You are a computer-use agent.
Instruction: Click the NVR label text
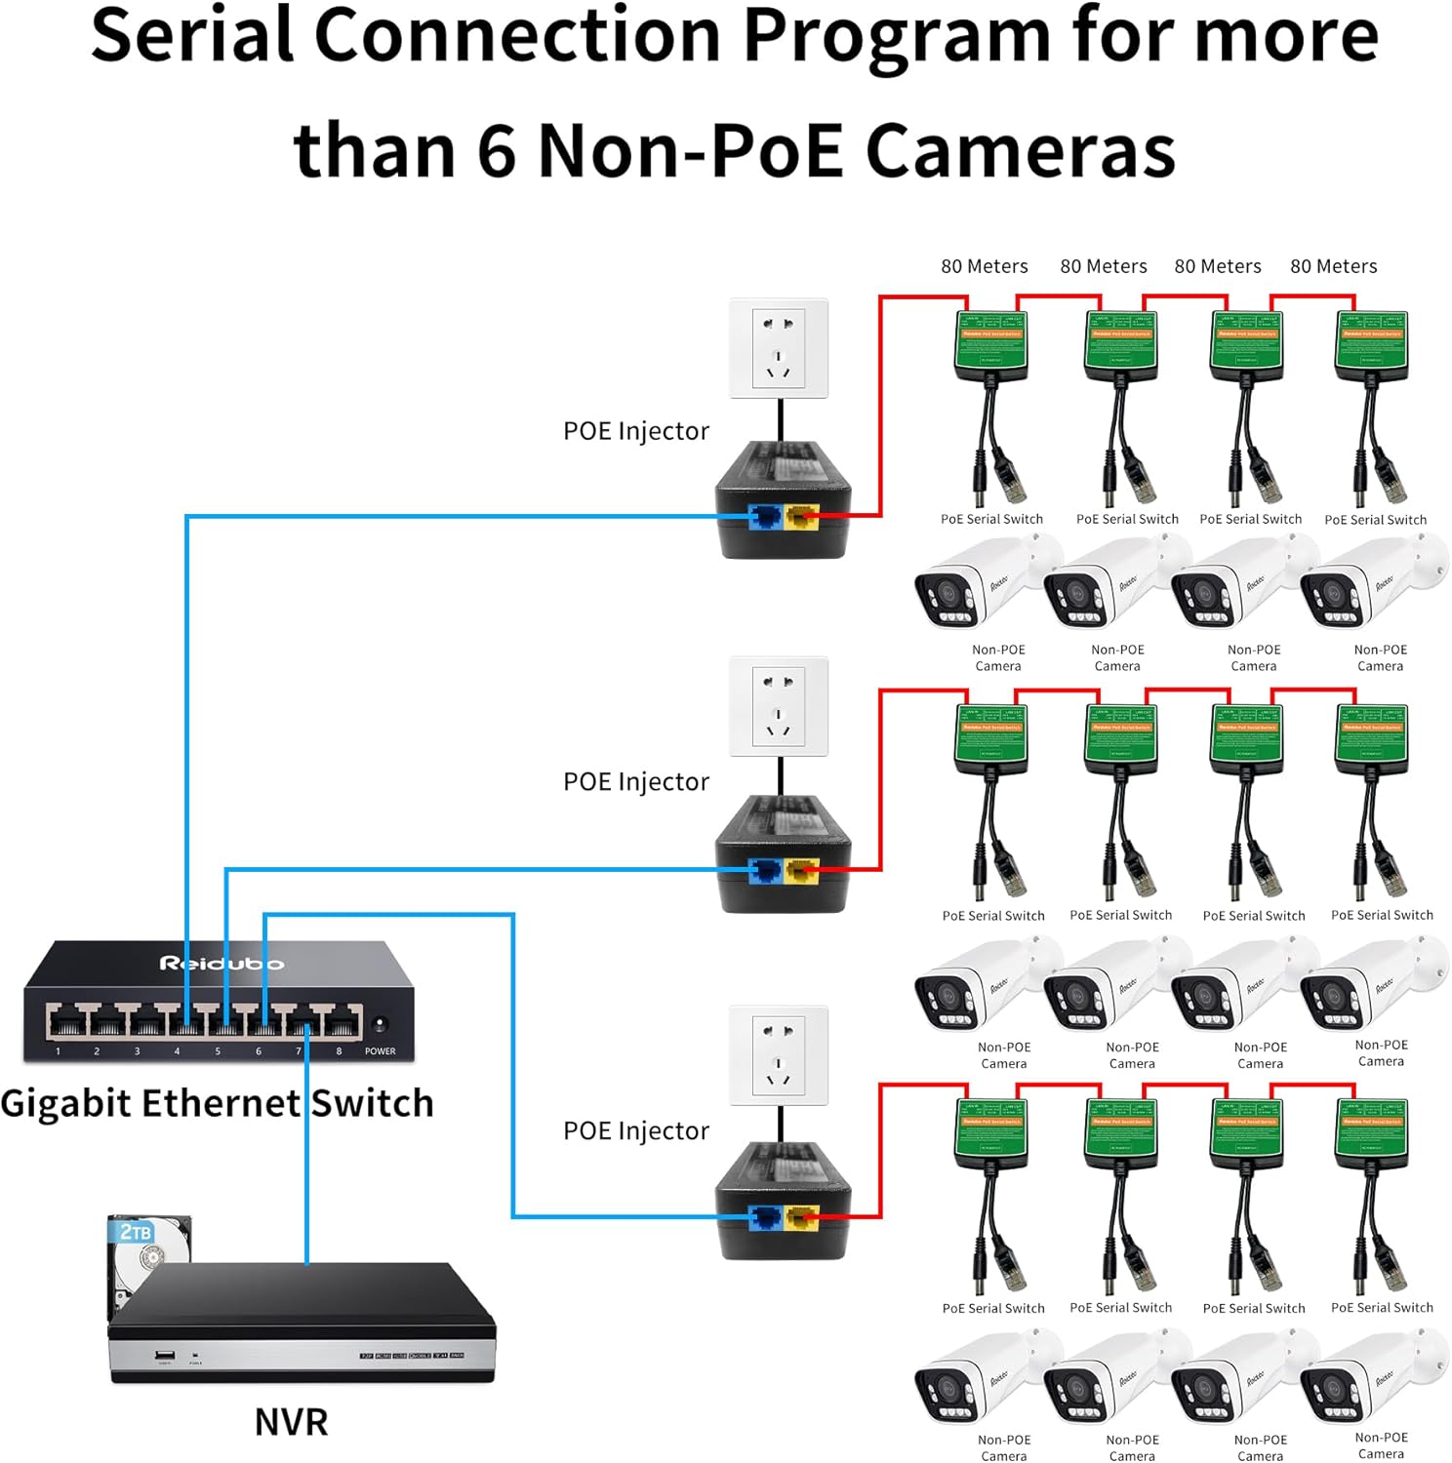291,1421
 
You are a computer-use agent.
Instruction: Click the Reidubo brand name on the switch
222,964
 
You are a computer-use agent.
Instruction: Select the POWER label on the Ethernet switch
380,1051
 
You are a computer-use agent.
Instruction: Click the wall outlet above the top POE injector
779,348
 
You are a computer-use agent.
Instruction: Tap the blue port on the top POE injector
764,517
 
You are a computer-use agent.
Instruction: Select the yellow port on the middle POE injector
802,870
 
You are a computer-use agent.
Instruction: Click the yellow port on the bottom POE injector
802,1218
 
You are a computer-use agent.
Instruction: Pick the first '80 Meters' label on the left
984,266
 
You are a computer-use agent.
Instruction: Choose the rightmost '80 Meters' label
1333,266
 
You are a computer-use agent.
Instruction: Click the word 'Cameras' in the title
1020,151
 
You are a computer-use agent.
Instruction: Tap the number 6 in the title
497,151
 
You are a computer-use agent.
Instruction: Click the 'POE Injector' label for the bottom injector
635,1130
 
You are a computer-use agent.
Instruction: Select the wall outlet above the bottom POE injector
779,1055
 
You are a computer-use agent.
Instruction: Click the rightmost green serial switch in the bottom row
1372,1132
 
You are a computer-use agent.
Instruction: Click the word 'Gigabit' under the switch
65,1103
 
